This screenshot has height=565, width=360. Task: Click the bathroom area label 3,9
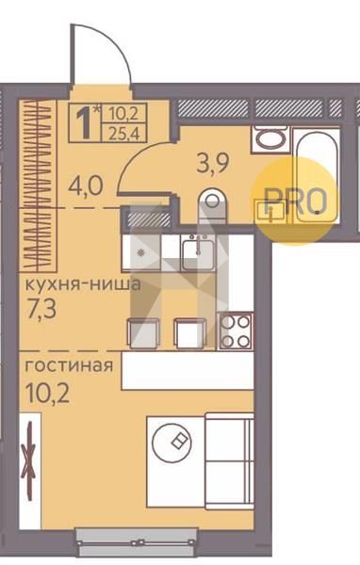(212, 165)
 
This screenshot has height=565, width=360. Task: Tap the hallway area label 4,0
(86, 186)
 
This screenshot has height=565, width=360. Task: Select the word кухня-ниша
(83, 284)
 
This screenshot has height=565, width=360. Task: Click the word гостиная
(69, 366)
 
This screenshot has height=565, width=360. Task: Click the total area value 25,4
(123, 133)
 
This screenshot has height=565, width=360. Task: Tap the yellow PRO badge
(295, 202)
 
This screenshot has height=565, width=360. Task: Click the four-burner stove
(236, 331)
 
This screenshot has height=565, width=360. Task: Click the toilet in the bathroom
(212, 205)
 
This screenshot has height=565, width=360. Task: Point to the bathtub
(317, 175)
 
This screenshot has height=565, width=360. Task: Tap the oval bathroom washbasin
(270, 138)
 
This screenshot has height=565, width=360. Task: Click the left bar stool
(144, 333)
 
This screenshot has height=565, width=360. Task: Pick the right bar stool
(189, 333)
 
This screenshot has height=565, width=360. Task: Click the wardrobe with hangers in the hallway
(38, 186)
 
